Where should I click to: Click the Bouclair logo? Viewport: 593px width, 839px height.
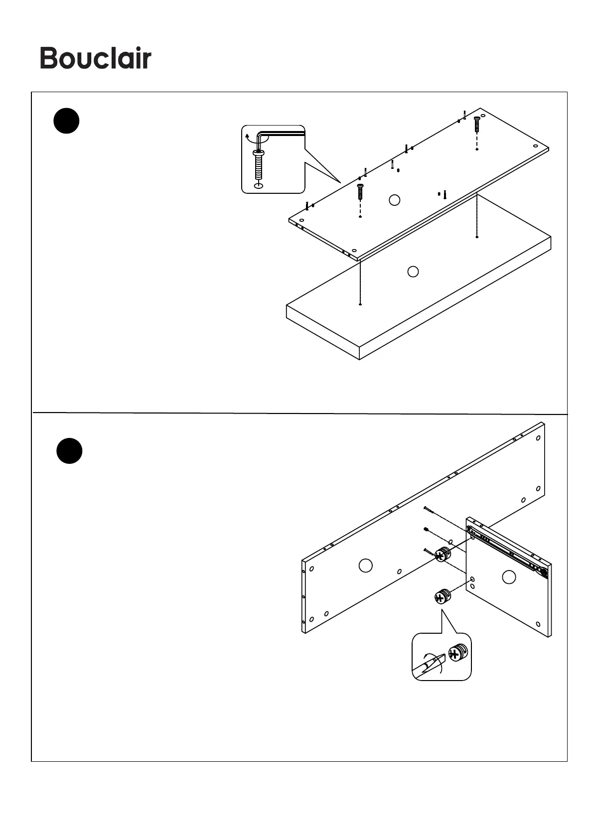click(x=95, y=59)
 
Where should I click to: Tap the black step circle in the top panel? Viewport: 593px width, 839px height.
click(x=66, y=121)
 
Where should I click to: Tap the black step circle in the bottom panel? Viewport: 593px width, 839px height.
click(x=69, y=451)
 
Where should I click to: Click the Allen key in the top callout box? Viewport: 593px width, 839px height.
click(x=279, y=134)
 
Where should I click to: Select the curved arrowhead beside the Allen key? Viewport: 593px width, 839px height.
click(x=247, y=135)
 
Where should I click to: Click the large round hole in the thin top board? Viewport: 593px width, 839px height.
click(x=394, y=200)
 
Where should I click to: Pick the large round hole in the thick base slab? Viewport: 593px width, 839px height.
click(x=413, y=272)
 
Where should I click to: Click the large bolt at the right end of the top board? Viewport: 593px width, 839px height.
click(x=476, y=124)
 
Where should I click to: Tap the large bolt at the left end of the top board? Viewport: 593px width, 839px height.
click(x=360, y=191)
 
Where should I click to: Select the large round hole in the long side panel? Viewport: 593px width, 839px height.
click(x=365, y=565)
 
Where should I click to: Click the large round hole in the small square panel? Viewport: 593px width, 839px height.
click(x=508, y=577)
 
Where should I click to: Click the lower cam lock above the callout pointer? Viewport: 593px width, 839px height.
click(x=441, y=596)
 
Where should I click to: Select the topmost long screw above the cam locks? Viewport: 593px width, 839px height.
click(x=430, y=511)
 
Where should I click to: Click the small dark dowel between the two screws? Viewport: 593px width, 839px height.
click(x=426, y=529)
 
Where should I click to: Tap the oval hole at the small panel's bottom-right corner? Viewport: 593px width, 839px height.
click(x=538, y=624)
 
